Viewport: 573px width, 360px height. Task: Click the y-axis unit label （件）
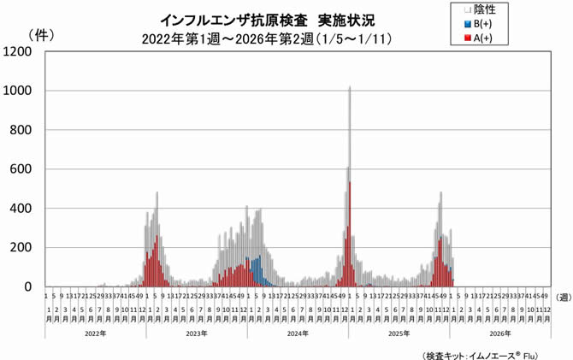click(x=42, y=35)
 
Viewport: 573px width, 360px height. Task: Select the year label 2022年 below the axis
click(x=94, y=333)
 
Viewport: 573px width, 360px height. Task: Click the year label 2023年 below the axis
click(x=196, y=333)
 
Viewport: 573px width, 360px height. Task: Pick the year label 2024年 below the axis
click(x=298, y=333)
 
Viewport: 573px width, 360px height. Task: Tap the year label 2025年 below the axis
click(x=399, y=333)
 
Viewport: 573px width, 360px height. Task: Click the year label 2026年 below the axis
click(x=500, y=333)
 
